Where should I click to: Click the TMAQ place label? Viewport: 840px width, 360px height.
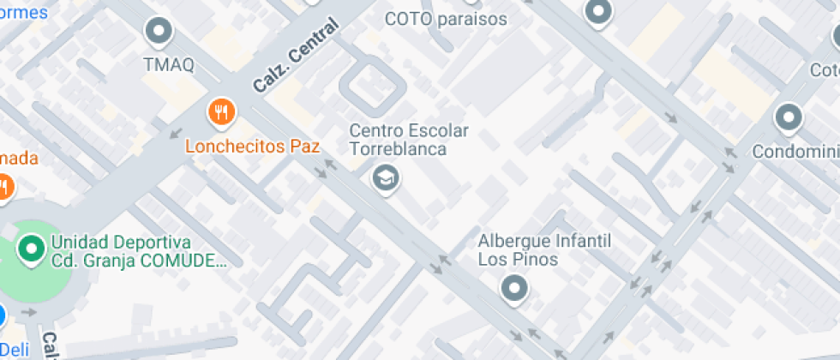[x=169, y=64]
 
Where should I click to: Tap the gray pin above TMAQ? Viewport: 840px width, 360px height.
[x=159, y=33]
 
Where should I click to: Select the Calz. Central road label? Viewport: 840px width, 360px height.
[x=296, y=57]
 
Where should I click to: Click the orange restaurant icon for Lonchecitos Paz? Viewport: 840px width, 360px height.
[x=222, y=111]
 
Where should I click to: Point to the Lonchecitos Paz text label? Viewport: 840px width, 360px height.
[x=252, y=147]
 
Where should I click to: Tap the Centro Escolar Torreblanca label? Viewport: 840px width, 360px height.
[x=408, y=141]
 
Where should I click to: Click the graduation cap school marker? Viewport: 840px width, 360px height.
[x=385, y=179]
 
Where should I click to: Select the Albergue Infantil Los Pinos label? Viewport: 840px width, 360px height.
[x=543, y=249]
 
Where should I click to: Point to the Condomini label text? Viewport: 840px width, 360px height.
[x=795, y=153]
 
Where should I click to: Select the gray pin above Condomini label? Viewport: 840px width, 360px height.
[x=787, y=117]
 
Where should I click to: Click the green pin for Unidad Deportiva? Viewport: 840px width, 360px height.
[x=33, y=250]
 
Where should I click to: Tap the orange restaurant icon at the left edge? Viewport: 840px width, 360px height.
[x=3, y=186]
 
